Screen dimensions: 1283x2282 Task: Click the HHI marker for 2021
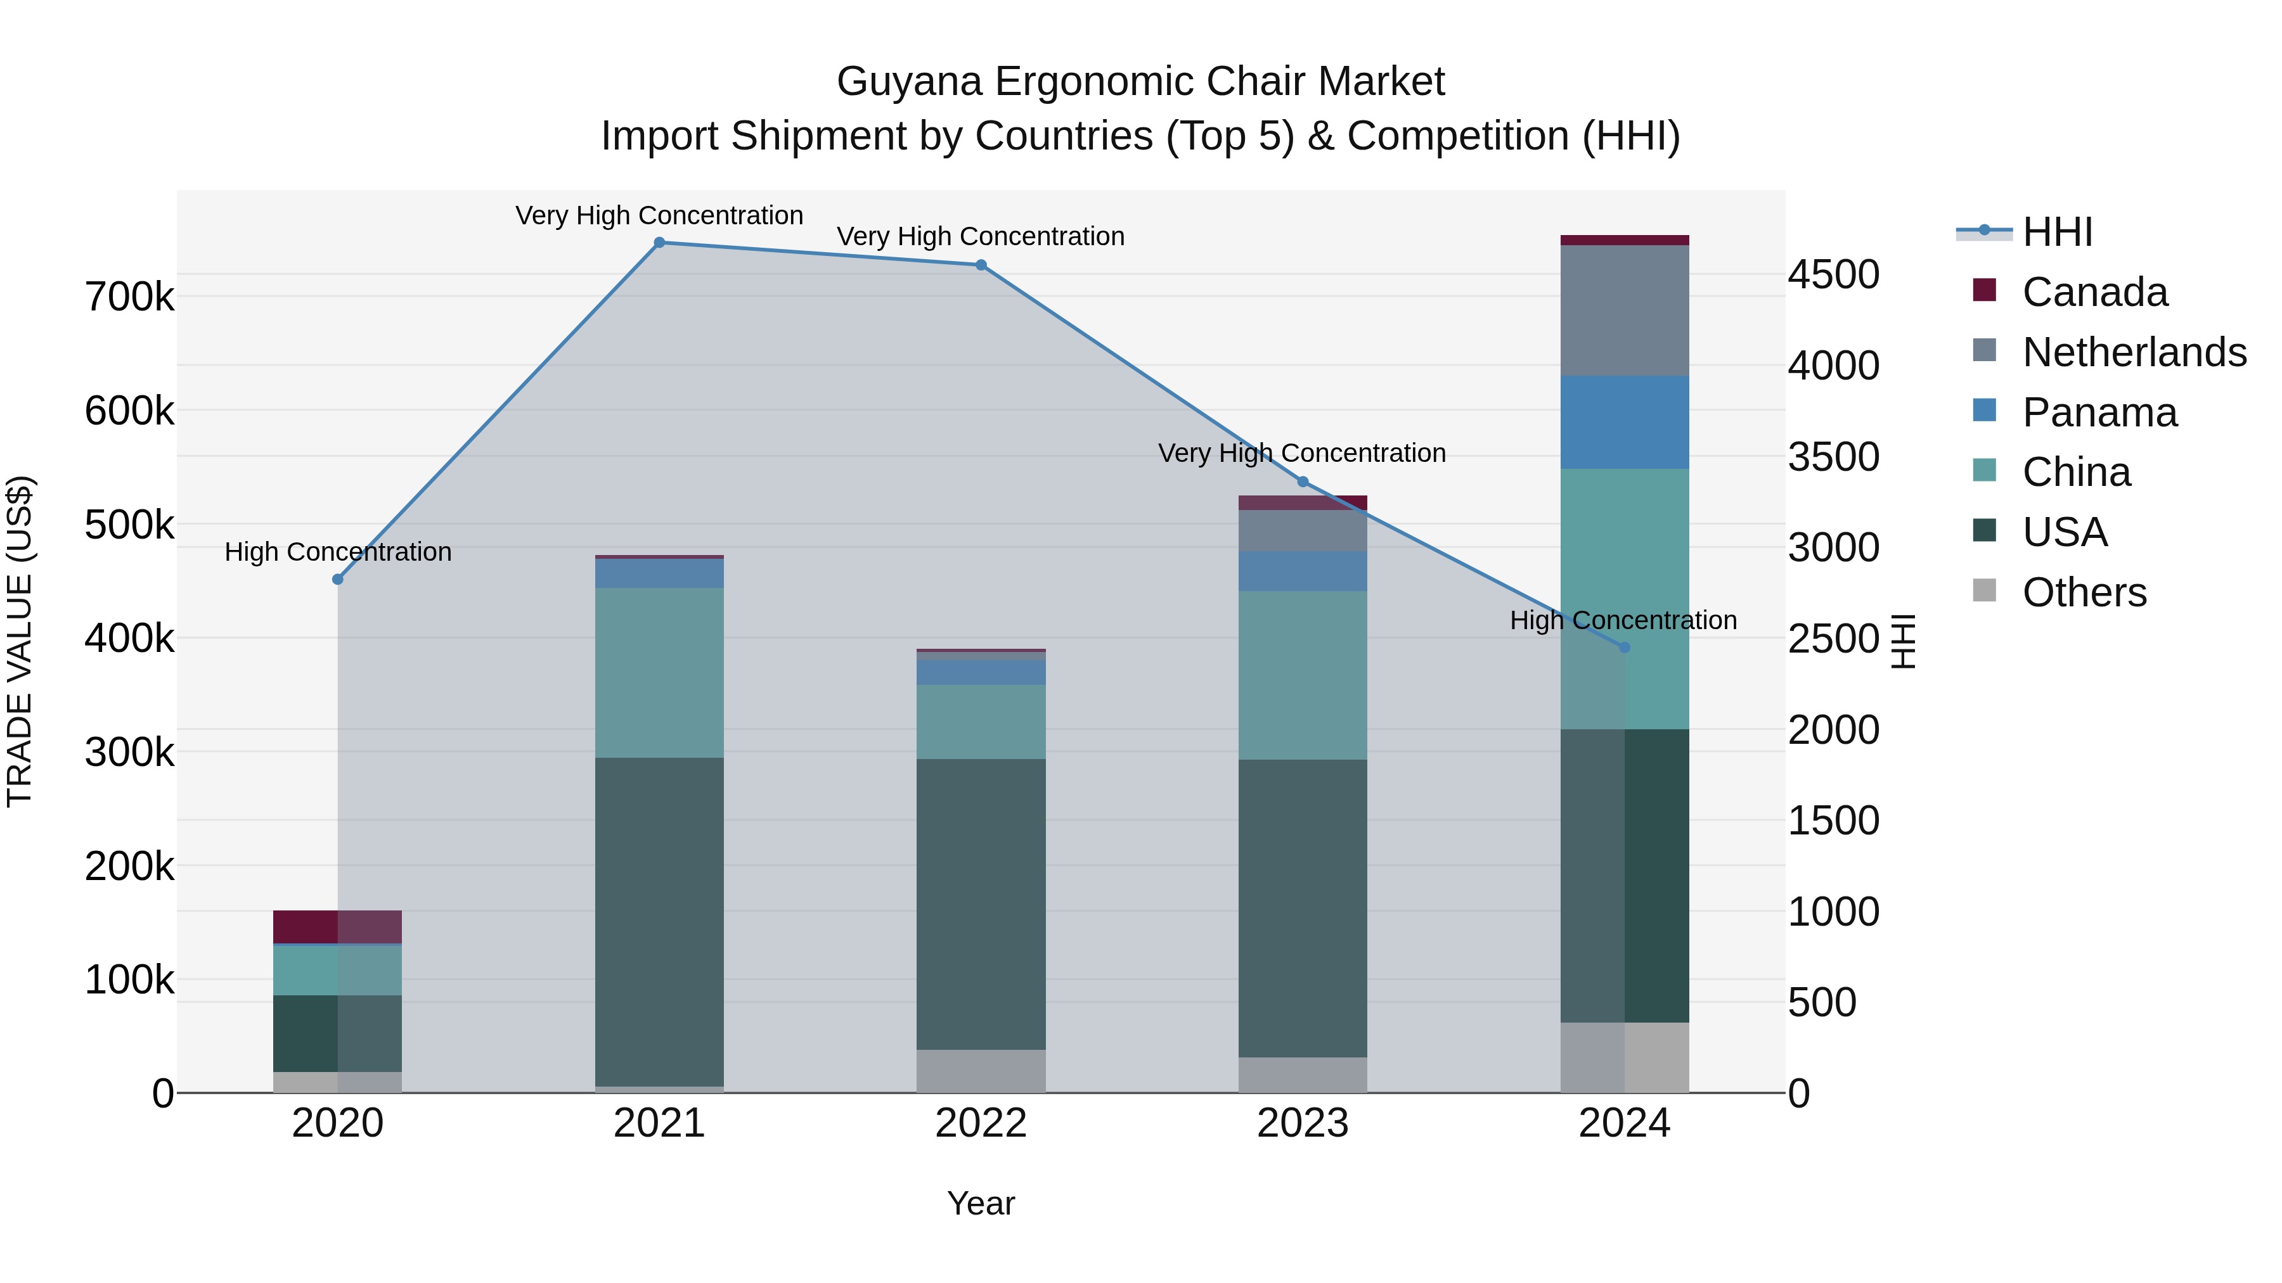coord(659,243)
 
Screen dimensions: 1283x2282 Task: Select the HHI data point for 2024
coord(1624,648)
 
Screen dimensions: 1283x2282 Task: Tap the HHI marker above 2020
coord(337,579)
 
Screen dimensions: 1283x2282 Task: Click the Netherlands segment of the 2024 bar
coord(1624,310)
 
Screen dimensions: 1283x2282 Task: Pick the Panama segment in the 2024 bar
coord(1624,423)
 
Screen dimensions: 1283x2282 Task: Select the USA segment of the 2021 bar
coord(659,921)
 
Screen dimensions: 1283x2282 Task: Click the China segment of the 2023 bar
coord(1302,675)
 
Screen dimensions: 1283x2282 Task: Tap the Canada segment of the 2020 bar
coord(337,926)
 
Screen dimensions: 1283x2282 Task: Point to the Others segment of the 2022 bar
coord(981,1071)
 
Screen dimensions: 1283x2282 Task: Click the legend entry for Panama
coord(2099,412)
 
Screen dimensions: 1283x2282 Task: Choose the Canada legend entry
coord(2094,292)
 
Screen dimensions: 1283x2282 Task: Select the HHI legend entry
coord(2057,232)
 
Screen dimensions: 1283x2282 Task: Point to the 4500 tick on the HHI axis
coord(1833,274)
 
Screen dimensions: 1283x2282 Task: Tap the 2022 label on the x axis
coord(981,1123)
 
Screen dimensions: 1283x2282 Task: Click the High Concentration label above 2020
coord(337,552)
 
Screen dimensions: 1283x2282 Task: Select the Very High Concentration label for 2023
coord(1301,452)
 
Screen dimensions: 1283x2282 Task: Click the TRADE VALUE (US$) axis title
coord(20,641)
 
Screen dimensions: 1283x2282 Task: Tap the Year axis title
coord(981,1203)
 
